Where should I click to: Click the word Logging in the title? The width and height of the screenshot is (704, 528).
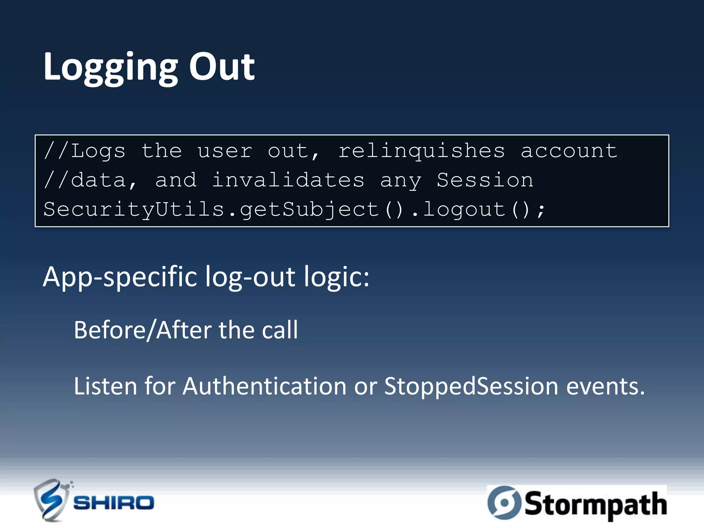(x=110, y=67)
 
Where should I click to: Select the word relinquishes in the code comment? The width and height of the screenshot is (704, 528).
(x=421, y=151)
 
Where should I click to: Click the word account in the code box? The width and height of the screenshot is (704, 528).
(x=569, y=151)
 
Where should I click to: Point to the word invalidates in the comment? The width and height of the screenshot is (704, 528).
(x=288, y=180)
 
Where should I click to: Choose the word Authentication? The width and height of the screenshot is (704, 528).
(x=264, y=386)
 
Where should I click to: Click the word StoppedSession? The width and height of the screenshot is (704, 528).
(x=471, y=386)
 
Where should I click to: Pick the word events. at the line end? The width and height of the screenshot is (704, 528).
(x=605, y=386)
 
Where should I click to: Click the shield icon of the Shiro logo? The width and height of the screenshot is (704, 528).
(x=51, y=500)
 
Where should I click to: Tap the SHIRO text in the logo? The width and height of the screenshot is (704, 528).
(x=113, y=503)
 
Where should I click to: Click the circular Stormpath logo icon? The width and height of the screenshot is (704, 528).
(x=504, y=503)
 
